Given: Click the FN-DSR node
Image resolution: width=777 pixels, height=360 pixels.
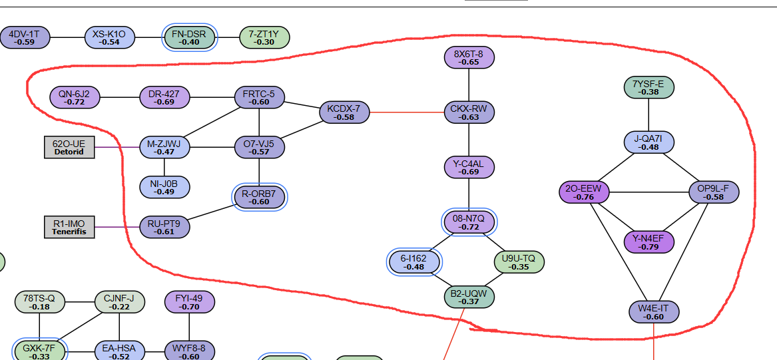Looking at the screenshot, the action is [189, 38].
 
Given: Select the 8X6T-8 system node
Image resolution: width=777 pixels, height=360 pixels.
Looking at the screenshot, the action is [469, 57].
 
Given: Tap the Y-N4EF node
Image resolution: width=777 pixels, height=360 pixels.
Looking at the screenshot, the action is [648, 242].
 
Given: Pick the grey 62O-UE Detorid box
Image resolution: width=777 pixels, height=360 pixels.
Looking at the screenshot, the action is [69, 147].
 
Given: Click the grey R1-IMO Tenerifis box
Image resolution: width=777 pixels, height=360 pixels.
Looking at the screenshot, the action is [69, 227].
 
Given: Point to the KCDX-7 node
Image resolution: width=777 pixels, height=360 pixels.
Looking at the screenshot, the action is [344, 112].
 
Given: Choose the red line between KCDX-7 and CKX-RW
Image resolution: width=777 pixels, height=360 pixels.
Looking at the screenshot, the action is [407, 112].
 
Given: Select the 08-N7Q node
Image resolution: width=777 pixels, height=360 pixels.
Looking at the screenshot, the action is [469, 222].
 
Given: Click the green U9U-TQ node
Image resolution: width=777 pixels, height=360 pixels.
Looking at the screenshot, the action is [519, 262].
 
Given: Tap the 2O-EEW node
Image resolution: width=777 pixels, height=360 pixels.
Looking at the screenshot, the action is [584, 192].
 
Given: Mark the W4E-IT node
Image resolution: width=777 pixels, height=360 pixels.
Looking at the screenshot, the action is [654, 312].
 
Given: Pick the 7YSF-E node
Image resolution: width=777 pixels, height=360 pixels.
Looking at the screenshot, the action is [648, 88].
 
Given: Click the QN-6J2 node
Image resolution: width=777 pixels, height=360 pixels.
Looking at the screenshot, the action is [75, 98].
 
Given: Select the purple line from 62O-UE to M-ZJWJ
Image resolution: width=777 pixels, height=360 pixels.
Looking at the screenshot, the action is [117, 147].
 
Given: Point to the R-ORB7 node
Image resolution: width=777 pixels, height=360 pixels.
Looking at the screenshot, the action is [259, 197].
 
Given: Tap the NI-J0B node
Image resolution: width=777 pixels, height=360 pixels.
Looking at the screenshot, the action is [164, 187].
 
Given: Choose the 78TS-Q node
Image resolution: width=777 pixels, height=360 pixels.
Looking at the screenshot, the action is [40, 302].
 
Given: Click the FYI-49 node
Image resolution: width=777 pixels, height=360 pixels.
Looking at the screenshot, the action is [189, 302].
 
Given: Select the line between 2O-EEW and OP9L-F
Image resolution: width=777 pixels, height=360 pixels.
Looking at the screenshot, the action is [648, 192].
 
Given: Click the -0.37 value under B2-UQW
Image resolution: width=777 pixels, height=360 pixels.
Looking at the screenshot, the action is [469, 301].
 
